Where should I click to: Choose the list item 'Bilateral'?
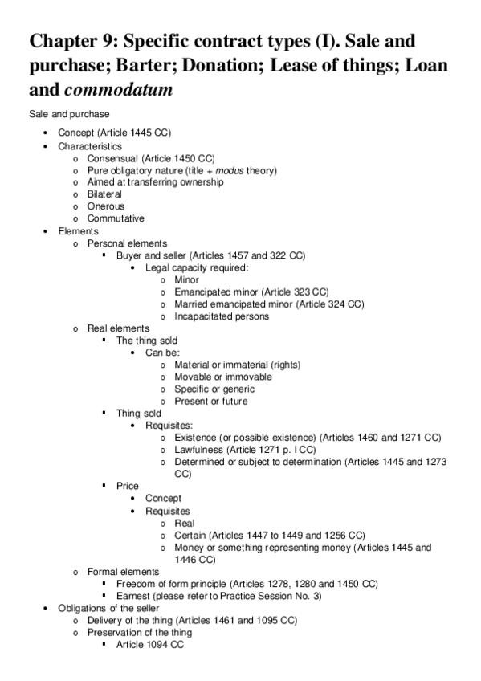click(x=104, y=194)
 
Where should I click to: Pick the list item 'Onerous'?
click(x=106, y=206)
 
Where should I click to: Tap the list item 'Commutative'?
click(x=116, y=218)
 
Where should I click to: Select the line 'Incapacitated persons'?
click(x=222, y=316)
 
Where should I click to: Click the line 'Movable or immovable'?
click(x=222, y=377)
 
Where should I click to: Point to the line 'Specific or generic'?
click(x=214, y=389)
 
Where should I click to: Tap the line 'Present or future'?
click(x=210, y=401)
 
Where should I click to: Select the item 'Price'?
click(x=128, y=486)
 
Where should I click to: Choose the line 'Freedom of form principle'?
click(x=247, y=583)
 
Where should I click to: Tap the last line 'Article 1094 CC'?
click(x=150, y=644)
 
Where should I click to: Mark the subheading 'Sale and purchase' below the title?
click(x=69, y=115)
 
